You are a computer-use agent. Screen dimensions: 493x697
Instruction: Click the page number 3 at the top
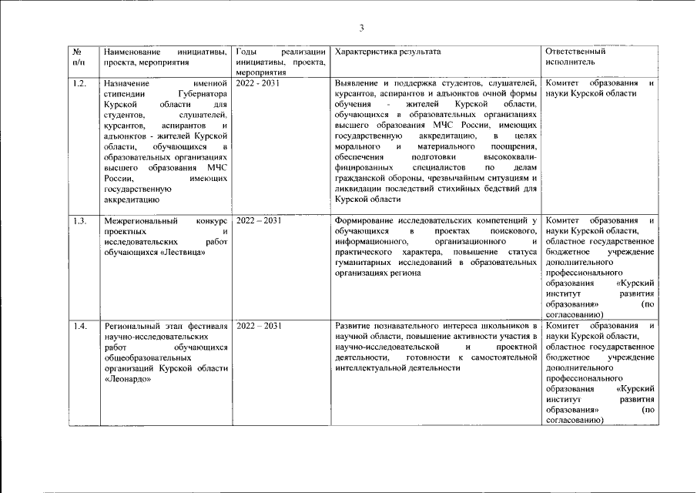coord(360,28)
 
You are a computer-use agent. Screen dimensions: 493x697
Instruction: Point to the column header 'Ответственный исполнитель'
coord(575,56)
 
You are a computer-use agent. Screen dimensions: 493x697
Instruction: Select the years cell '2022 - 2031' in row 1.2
coord(258,82)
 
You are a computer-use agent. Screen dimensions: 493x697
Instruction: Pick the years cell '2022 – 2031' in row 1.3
coord(259,221)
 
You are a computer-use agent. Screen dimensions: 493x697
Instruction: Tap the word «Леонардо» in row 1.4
coord(126,381)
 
